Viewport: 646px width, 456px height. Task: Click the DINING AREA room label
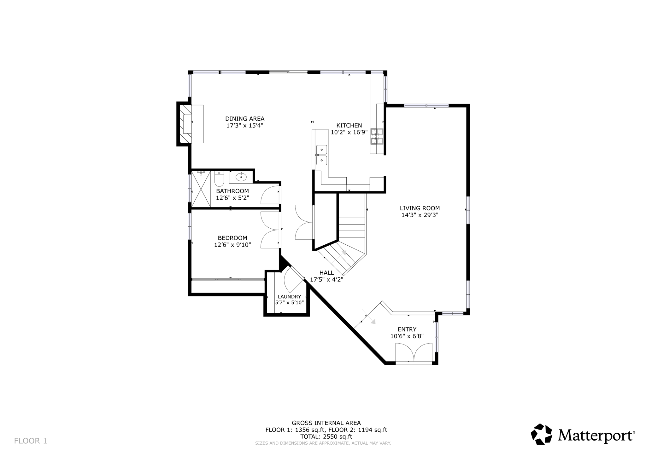pyautogui.click(x=244, y=119)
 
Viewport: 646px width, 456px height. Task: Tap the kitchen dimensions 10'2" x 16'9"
pyautogui.click(x=349, y=132)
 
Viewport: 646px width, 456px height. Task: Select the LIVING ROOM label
pyautogui.click(x=420, y=208)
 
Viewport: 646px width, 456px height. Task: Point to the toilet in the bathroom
pyautogui.click(x=219, y=180)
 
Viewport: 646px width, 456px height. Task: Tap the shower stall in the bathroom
pyautogui.click(x=201, y=189)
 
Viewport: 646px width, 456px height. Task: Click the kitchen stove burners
pyautogui.click(x=377, y=136)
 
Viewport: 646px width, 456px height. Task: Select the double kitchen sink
pyautogui.click(x=321, y=155)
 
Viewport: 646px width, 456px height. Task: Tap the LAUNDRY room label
pyautogui.click(x=289, y=297)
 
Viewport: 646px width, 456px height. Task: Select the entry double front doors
pyautogui.click(x=414, y=353)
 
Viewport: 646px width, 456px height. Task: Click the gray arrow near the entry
pyautogui.click(x=373, y=322)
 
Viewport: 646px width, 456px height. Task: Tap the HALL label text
pyautogui.click(x=326, y=273)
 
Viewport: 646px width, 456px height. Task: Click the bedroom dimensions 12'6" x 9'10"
pyautogui.click(x=232, y=245)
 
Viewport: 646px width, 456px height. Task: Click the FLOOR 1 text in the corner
pyautogui.click(x=31, y=441)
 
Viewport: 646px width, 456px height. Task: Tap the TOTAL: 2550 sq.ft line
pyautogui.click(x=326, y=436)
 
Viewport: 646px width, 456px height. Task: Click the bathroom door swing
pyautogui.click(x=271, y=196)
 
